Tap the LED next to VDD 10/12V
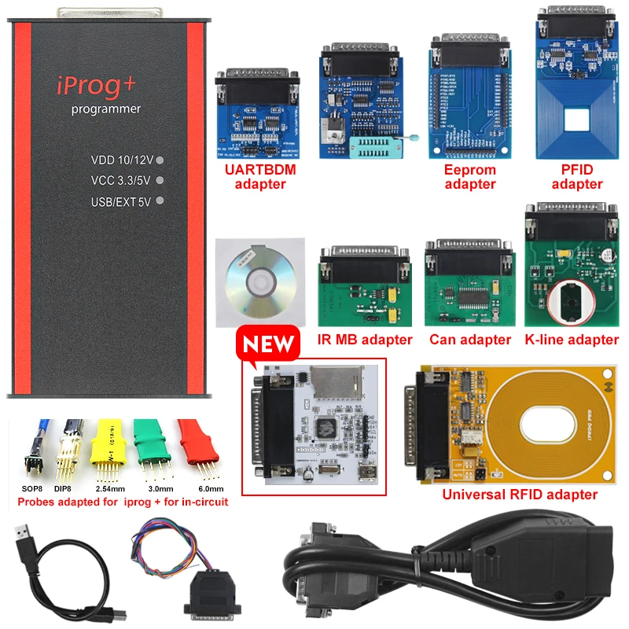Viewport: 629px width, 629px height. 160,160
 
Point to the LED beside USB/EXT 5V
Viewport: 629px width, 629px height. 160,200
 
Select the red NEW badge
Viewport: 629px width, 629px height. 269,344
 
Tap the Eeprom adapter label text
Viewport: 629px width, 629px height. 470,177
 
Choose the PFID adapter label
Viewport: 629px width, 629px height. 577,177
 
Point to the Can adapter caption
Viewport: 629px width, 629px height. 470,340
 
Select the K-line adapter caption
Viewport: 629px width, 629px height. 571,340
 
